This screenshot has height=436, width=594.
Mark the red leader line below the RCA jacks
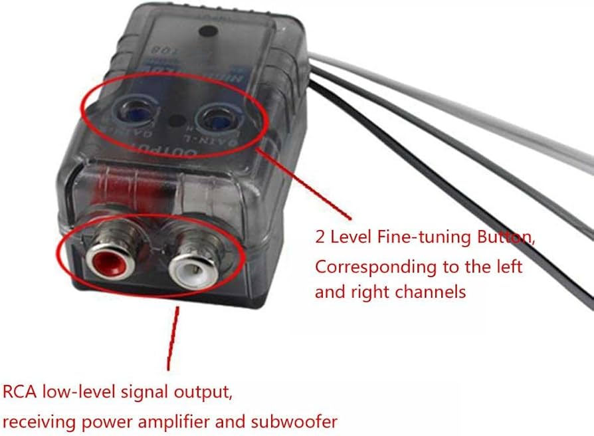(x=173, y=339)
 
